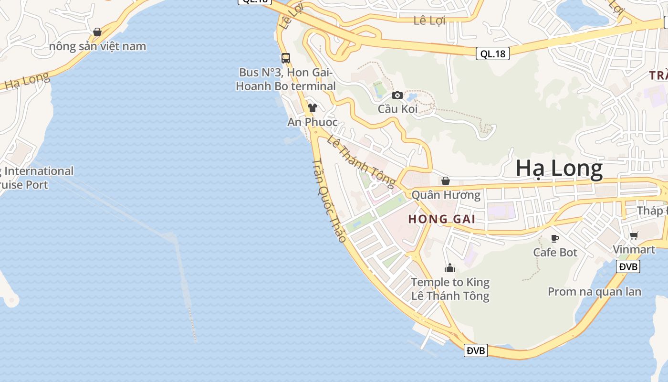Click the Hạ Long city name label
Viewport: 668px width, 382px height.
(559, 169)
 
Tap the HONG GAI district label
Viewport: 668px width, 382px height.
(442, 219)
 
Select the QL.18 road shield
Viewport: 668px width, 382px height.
(492, 53)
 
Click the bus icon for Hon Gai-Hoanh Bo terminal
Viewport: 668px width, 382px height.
(286, 58)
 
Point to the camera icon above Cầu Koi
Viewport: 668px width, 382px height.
(397, 95)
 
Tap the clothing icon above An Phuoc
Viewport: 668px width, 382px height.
(313, 108)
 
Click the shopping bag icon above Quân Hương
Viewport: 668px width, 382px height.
(446, 181)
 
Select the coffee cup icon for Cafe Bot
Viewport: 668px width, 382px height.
(555, 238)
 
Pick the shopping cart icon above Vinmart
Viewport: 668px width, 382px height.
(634, 235)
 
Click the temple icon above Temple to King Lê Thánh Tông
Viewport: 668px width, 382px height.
(450, 268)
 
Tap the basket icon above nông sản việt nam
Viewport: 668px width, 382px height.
(97, 32)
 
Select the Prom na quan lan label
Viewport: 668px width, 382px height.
(595, 291)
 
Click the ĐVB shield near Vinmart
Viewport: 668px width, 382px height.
(628, 266)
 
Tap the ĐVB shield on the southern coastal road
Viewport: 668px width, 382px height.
(476, 351)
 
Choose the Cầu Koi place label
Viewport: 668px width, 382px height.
(397, 109)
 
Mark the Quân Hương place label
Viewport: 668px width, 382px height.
(446, 195)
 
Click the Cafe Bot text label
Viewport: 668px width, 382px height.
(555, 252)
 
